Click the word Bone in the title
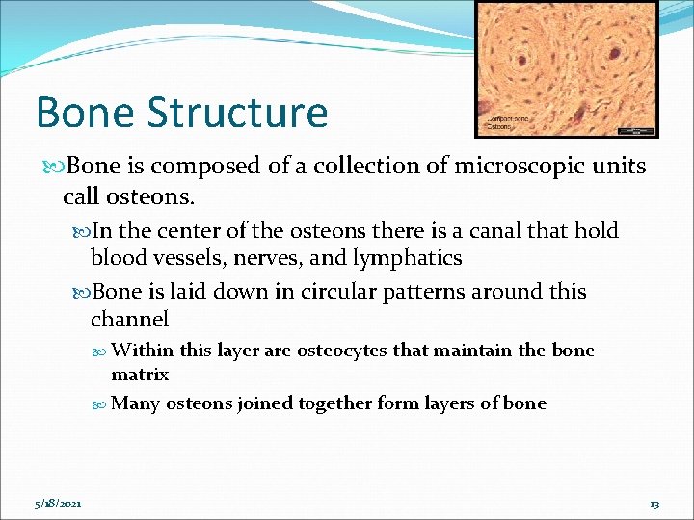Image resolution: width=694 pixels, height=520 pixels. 84,112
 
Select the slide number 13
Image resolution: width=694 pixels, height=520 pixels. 654,504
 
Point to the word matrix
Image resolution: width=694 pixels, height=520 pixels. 140,374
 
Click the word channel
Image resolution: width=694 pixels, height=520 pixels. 129,319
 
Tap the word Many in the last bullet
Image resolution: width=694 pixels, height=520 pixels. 136,403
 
